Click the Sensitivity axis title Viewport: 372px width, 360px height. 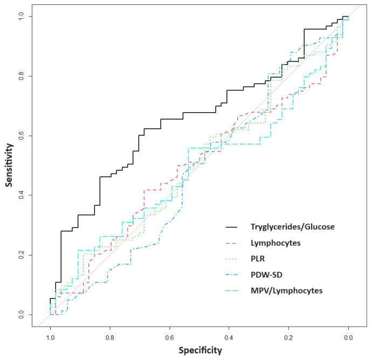[x=9, y=165]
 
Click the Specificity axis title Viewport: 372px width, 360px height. [x=200, y=350]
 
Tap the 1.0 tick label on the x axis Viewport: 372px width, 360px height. [x=50, y=337]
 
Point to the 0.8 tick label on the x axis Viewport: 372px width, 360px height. [x=110, y=337]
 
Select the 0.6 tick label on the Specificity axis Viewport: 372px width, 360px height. [x=170, y=337]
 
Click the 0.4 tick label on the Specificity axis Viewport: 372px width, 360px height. [x=229, y=337]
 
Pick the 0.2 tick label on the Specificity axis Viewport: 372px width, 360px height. [x=289, y=337]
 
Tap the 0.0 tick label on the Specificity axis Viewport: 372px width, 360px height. [x=348, y=337]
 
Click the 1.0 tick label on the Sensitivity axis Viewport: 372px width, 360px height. [x=21, y=17]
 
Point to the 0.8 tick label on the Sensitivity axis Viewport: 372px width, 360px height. [x=21, y=76]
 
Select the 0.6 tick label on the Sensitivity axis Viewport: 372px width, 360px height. [x=21, y=136]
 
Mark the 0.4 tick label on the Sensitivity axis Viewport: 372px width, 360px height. [x=21, y=196]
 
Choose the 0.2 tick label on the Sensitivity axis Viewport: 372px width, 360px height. [x=21, y=255]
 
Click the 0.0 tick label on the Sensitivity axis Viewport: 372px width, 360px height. [x=21, y=315]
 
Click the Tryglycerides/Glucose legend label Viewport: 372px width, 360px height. [x=293, y=227]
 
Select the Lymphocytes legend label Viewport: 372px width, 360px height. [x=275, y=243]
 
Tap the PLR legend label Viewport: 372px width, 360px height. [x=258, y=259]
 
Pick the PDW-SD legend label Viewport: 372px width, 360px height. [x=266, y=275]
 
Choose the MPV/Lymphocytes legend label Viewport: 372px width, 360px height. [x=287, y=291]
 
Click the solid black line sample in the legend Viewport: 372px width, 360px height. [x=231, y=227]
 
